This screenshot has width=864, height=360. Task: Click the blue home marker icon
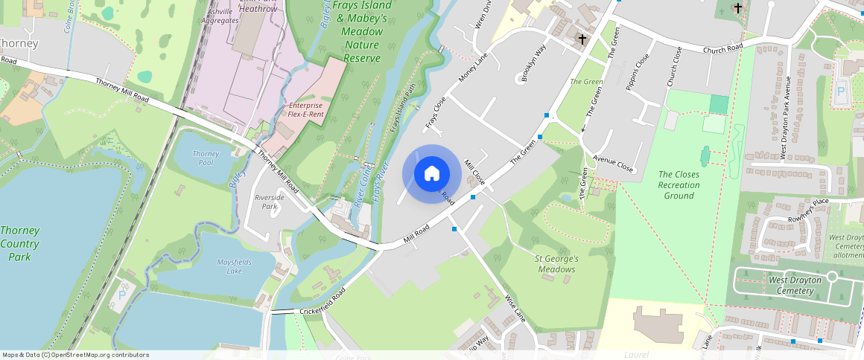point(431,173)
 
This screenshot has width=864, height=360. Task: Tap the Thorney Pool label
point(206,158)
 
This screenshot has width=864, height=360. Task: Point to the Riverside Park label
point(270,202)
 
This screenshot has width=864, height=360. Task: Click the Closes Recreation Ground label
point(679,185)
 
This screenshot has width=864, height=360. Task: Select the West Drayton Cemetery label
point(795,285)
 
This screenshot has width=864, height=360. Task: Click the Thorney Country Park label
point(19,243)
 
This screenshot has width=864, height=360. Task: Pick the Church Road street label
point(725,48)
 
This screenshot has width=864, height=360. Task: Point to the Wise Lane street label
point(515,308)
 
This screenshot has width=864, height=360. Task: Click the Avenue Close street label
point(613,164)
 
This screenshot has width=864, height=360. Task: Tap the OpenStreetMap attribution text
point(76,355)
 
